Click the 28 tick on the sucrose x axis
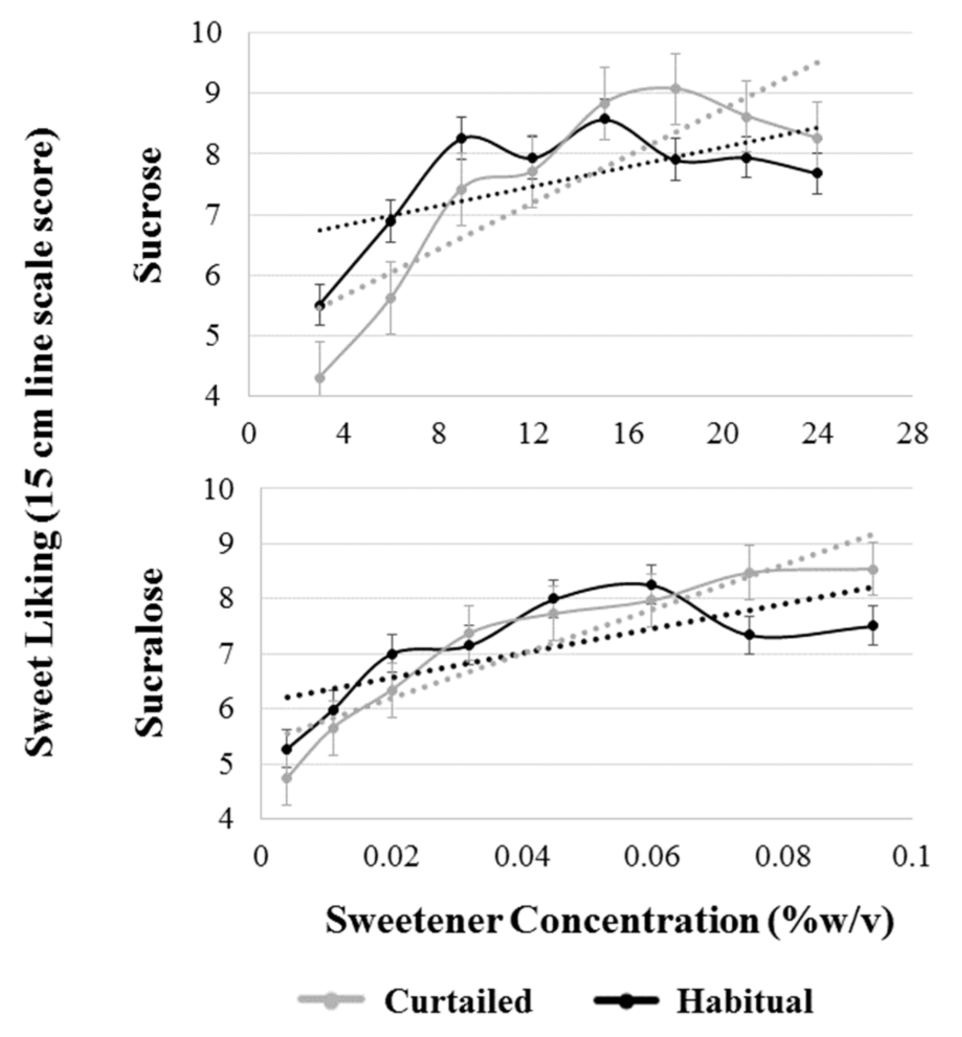coord(912,434)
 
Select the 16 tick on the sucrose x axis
coord(628,434)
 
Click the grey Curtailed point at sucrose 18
coord(676,88)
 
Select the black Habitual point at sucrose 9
coord(462,138)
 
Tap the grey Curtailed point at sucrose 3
coord(319,377)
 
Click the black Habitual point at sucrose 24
coord(818,173)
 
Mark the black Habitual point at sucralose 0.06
coord(652,584)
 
